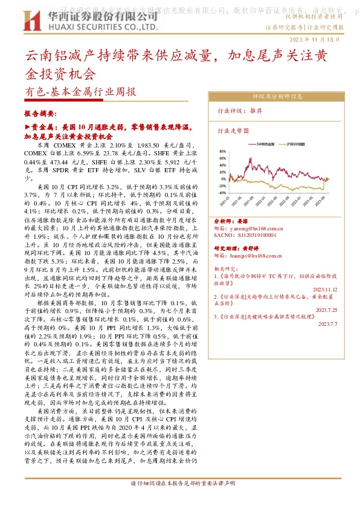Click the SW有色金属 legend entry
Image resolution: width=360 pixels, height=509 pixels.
[x=262, y=144]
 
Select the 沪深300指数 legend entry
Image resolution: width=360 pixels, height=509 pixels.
[x=303, y=144]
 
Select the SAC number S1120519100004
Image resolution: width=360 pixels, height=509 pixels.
[x=247, y=236]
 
